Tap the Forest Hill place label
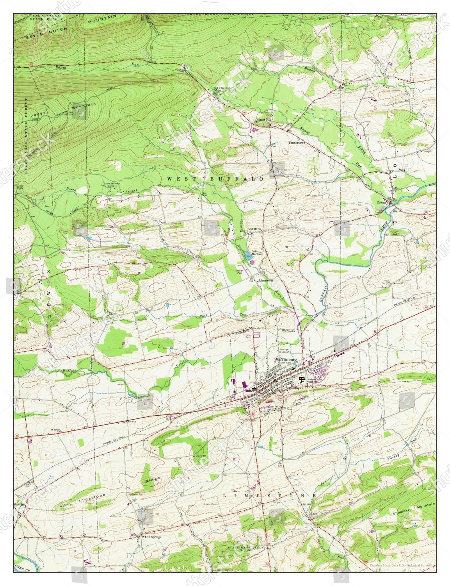tap(263, 120)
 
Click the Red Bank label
tap(254, 229)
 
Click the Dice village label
tap(312, 514)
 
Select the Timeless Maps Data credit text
tap(401, 565)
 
